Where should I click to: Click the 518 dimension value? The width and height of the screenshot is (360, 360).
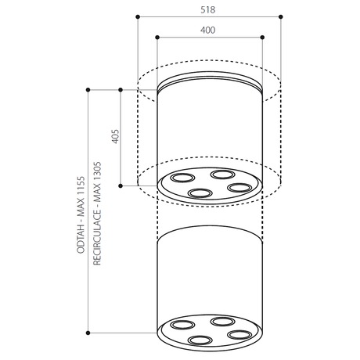(x=208, y=10)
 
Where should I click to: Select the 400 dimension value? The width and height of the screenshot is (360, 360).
(x=208, y=31)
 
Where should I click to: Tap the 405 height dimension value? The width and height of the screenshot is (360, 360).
(x=115, y=136)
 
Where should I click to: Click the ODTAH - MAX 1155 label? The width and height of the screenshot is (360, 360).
(x=81, y=215)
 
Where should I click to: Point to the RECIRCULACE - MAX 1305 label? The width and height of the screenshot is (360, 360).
(x=97, y=214)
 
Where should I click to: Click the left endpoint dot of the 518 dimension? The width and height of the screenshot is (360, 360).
(x=138, y=17)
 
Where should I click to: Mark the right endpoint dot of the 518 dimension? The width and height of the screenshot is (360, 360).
(x=281, y=16)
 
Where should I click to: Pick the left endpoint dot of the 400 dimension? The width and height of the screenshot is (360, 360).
(x=157, y=38)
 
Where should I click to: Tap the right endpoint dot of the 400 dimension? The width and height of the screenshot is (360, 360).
(x=262, y=38)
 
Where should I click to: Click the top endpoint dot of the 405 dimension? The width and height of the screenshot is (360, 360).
(x=121, y=90)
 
